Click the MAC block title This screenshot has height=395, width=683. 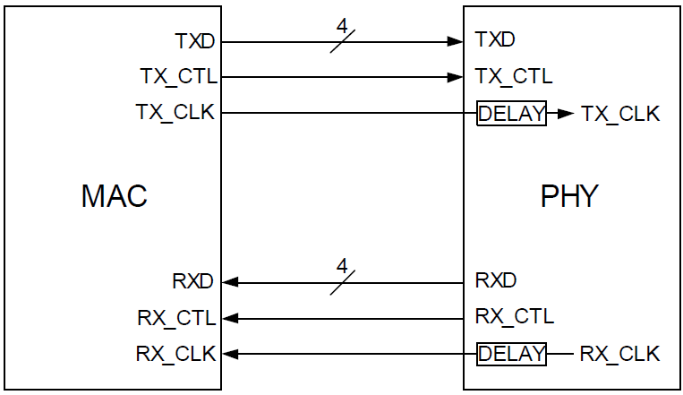[x=114, y=196]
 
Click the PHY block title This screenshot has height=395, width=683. [x=568, y=196]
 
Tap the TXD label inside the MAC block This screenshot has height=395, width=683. [x=195, y=41]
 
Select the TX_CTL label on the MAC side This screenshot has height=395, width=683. [x=178, y=76]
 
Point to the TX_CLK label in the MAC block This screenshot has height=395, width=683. [x=176, y=113]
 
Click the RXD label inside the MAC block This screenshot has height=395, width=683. [x=193, y=281]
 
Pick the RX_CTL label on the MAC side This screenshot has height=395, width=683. [x=176, y=317]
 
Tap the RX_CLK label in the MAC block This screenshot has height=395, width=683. [x=175, y=354]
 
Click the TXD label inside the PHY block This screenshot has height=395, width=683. [x=496, y=40]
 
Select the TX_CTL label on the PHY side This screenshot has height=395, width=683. [x=513, y=76]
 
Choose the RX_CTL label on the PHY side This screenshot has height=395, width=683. [x=514, y=316]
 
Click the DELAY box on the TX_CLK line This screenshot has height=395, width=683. [x=511, y=114]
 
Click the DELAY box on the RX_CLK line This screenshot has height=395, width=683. [x=511, y=354]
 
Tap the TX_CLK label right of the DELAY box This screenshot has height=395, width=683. [x=619, y=114]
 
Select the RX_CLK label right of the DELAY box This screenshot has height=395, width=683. [x=619, y=354]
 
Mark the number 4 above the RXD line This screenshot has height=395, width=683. [x=340, y=266]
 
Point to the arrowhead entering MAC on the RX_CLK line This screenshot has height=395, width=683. [x=230, y=354]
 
